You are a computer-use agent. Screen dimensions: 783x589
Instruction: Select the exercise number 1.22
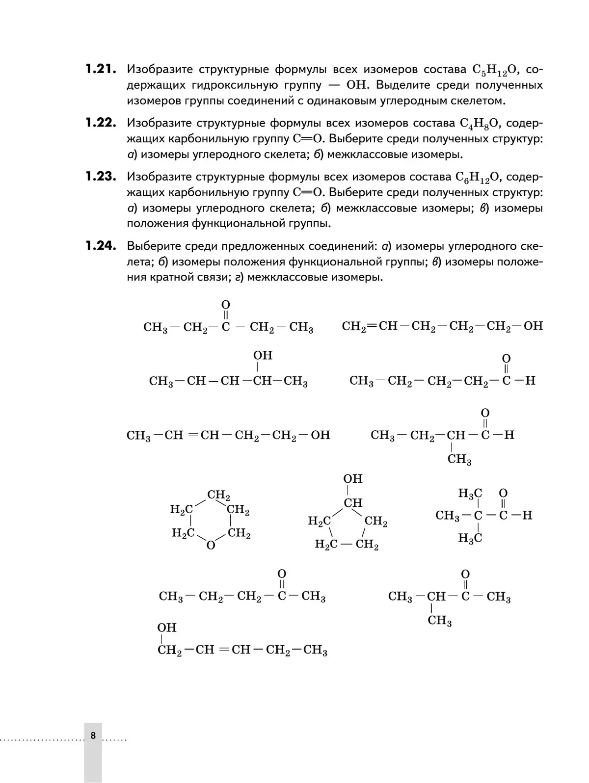[100, 123]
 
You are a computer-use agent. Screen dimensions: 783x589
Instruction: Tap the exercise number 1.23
[100, 176]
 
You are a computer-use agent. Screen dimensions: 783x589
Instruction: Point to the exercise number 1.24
[100, 245]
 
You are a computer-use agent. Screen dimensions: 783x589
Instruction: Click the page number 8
[93, 735]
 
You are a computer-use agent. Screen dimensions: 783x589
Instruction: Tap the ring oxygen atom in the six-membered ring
[211, 545]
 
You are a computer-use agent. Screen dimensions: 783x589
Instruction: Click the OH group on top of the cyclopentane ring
[352, 479]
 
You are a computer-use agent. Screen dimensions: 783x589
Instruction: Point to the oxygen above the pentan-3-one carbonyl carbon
[226, 305]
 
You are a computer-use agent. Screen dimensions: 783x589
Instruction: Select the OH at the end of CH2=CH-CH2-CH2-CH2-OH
[533, 326]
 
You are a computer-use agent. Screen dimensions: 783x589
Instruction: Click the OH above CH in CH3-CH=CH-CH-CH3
[263, 355]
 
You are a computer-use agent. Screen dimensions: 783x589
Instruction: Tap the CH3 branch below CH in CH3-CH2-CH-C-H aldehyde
[459, 460]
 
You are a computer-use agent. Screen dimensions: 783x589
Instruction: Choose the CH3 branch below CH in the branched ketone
[440, 621]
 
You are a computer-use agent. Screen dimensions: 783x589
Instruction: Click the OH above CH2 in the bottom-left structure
[167, 627]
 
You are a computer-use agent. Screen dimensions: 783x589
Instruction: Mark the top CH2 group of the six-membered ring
[218, 495]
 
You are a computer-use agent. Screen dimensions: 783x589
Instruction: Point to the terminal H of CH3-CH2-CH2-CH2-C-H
[530, 380]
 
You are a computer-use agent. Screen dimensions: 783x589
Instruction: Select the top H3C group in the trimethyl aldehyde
[470, 494]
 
